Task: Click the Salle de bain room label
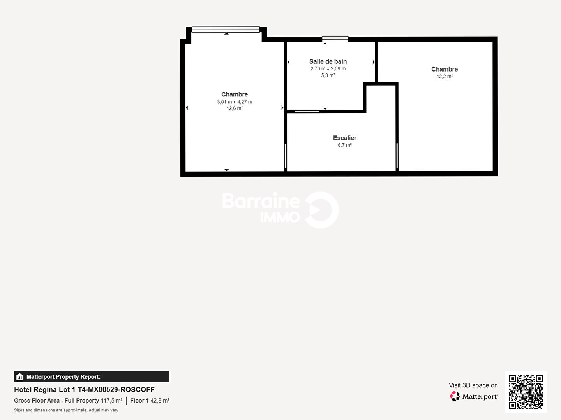(x=328, y=61)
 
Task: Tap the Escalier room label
(x=344, y=138)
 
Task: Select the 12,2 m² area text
(x=445, y=76)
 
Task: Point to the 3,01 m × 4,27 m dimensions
(x=235, y=102)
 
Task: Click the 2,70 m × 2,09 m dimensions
(x=328, y=68)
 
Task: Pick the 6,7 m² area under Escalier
(x=344, y=145)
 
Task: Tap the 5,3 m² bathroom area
(x=328, y=75)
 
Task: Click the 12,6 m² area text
(x=235, y=108)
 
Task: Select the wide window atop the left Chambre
(x=226, y=30)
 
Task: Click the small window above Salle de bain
(x=335, y=39)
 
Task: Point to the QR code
(x=526, y=392)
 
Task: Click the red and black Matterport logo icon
(x=455, y=396)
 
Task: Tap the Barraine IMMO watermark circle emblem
(x=321, y=210)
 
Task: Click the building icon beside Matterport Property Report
(x=20, y=377)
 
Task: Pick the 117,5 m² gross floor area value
(x=112, y=401)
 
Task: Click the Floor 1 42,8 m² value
(x=150, y=401)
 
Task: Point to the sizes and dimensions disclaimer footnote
(x=66, y=410)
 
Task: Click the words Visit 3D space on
(x=473, y=385)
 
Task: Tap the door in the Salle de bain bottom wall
(x=307, y=112)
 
